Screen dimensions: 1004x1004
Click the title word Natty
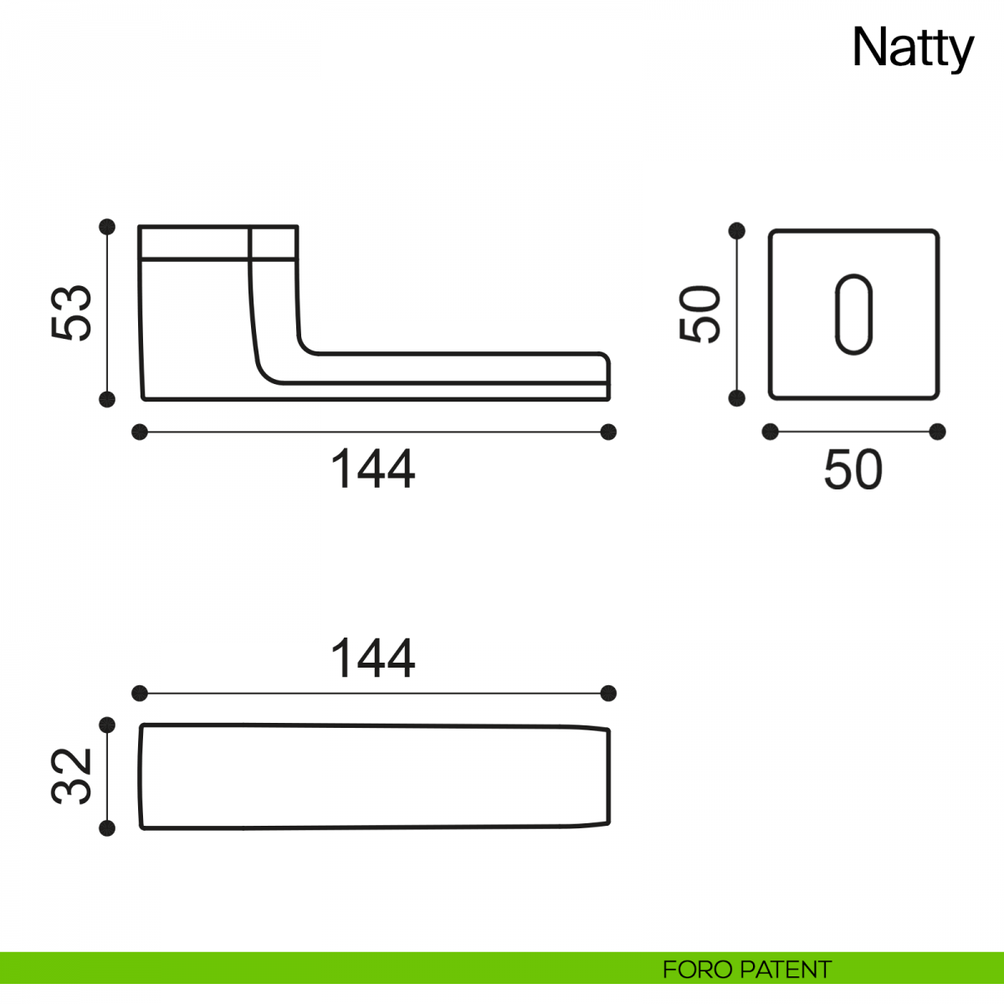(912, 49)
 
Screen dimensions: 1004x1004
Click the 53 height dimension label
(71, 313)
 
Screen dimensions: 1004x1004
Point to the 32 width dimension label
(71, 776)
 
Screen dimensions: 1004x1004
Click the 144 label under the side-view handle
(373, 469)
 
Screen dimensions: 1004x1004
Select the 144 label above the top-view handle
(373, 658)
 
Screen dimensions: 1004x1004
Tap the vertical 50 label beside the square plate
(699, 314)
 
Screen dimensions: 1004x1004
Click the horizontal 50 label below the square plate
(853, 469)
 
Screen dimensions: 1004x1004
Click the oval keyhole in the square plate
(853, 315)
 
